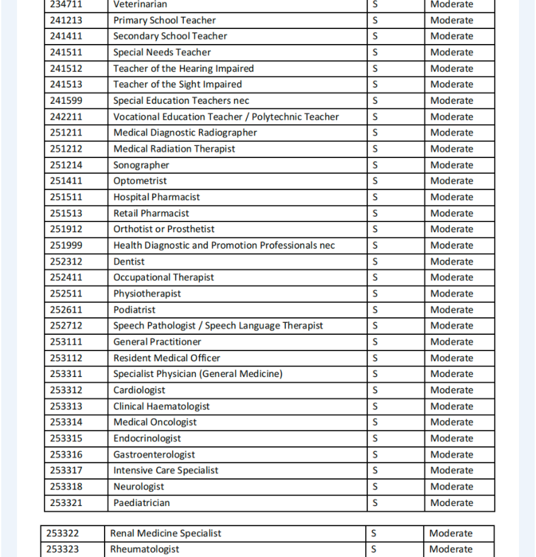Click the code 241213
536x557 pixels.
[66, 20]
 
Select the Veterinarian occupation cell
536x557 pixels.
[140, 4]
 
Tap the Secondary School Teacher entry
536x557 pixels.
[170, 36]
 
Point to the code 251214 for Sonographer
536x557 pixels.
[66, 165]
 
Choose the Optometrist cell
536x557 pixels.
[140, 181]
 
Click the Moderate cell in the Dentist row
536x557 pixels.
[452, 261]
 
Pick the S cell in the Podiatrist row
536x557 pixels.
[375, 310]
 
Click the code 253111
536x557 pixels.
[66, 342]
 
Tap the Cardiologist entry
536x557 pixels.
[139, 390]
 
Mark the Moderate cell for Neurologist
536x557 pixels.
[452, 487]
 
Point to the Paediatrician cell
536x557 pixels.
[142, 503]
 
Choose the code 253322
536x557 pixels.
[63, 533]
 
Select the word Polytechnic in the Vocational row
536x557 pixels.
[280, 116]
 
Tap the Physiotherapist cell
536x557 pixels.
[147, 293]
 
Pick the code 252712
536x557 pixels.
[66, 325]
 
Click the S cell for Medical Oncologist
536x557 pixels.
[375, 422]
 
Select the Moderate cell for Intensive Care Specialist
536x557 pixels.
[452, 470]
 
